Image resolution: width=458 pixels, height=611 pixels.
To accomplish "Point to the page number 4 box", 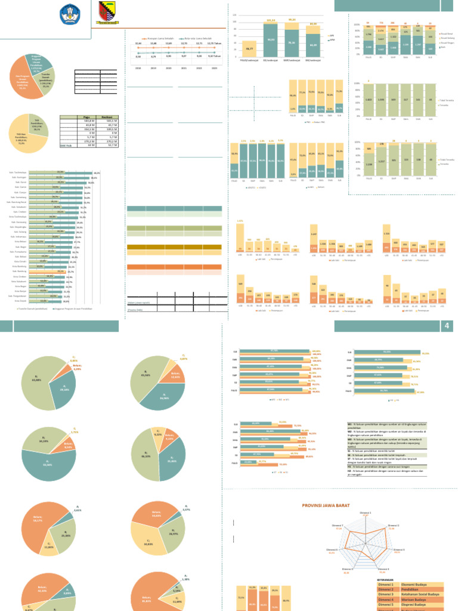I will coord(447,326).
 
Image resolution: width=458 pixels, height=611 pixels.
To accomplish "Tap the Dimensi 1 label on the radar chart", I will coord(366,513).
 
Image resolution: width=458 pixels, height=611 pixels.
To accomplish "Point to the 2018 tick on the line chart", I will coord(138,69).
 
